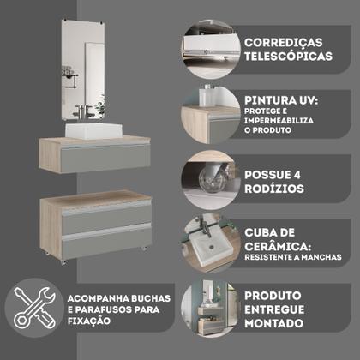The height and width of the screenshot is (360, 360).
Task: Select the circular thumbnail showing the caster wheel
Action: (209, 177)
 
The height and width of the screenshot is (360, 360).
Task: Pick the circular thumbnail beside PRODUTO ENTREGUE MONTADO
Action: (209, 309)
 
